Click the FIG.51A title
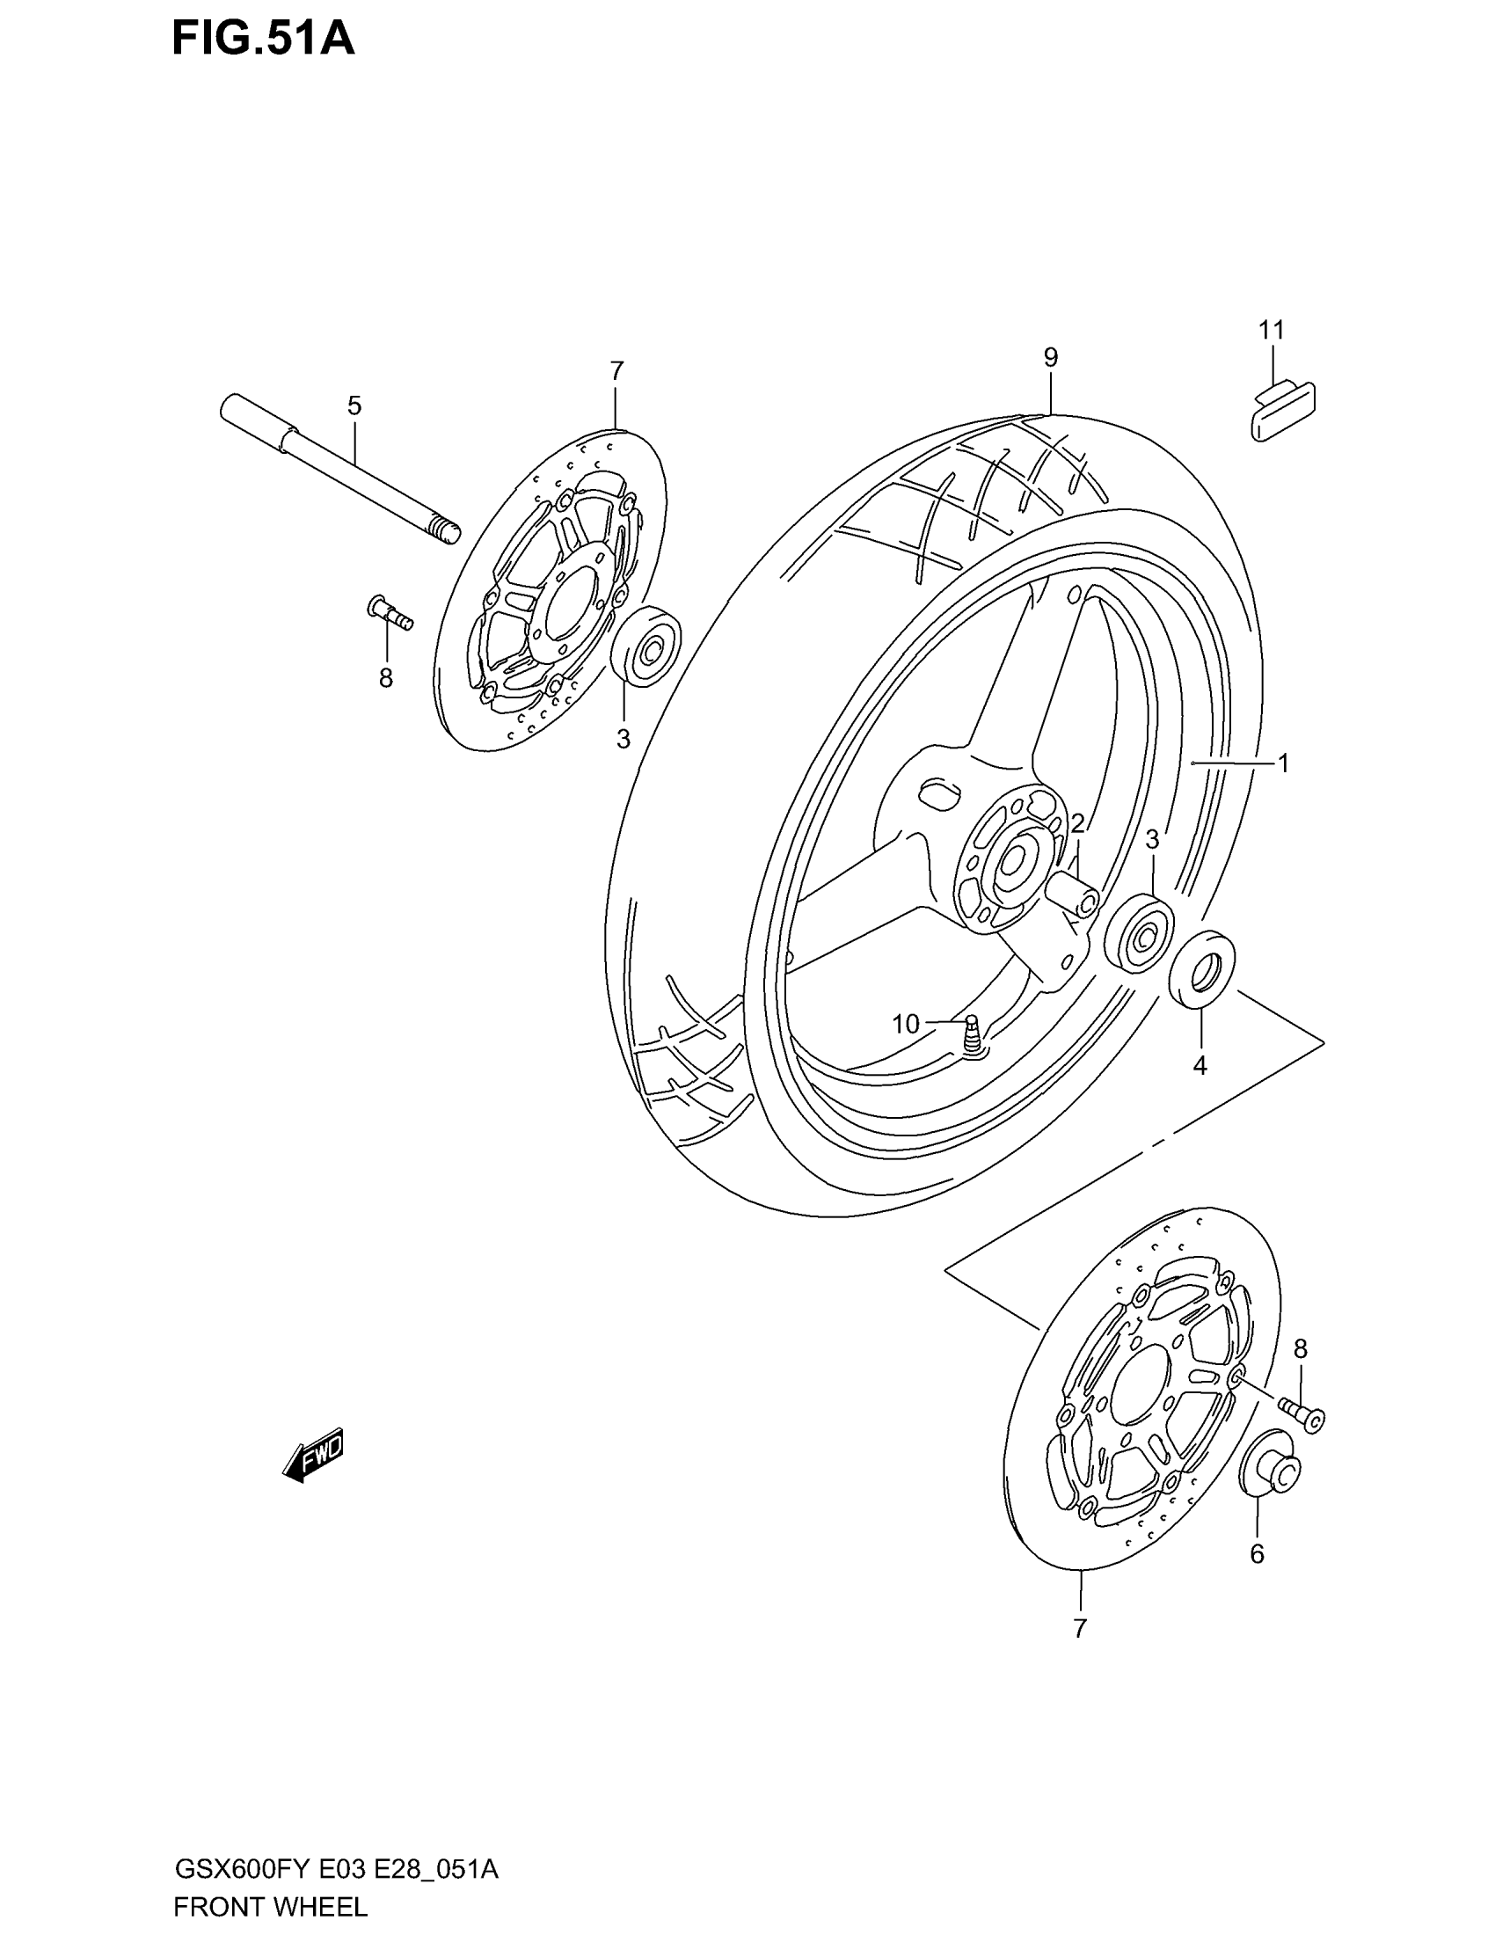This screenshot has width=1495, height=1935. [263, 40]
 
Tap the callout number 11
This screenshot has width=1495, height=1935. [1271, 331]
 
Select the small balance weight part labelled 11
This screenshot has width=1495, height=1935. [1281, 409]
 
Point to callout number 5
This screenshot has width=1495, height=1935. [354, 406]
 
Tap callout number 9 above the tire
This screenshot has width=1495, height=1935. [1050, 358]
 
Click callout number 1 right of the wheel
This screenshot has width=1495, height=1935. [1282, 763]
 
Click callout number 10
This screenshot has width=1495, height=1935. [906, 1025]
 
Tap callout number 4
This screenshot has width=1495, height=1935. [1200, 1067]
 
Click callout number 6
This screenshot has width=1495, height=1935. [1257, 1554]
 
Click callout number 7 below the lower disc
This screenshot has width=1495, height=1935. [1080, 1628]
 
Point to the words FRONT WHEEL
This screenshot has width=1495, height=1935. [270, 1907]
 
